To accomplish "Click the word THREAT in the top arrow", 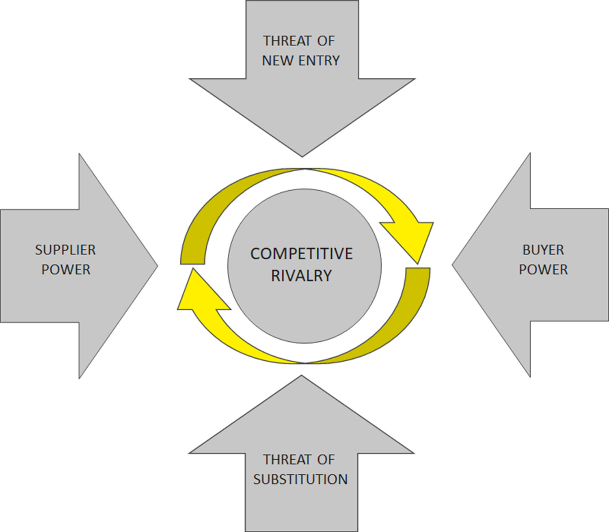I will coord(287,41).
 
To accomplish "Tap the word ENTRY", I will coord(319,61).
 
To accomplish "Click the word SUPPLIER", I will coord(65,250).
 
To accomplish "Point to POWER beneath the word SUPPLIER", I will coord(66,270).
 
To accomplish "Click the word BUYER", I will coord(543,250).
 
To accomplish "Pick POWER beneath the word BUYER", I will coord(543,270).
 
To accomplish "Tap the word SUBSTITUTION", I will coord(300,480).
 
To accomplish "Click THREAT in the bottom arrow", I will coord(287,460).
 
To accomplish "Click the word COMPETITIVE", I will coord(301,254).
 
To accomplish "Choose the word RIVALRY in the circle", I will coord(301,276).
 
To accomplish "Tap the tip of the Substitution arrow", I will coord(301,377).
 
